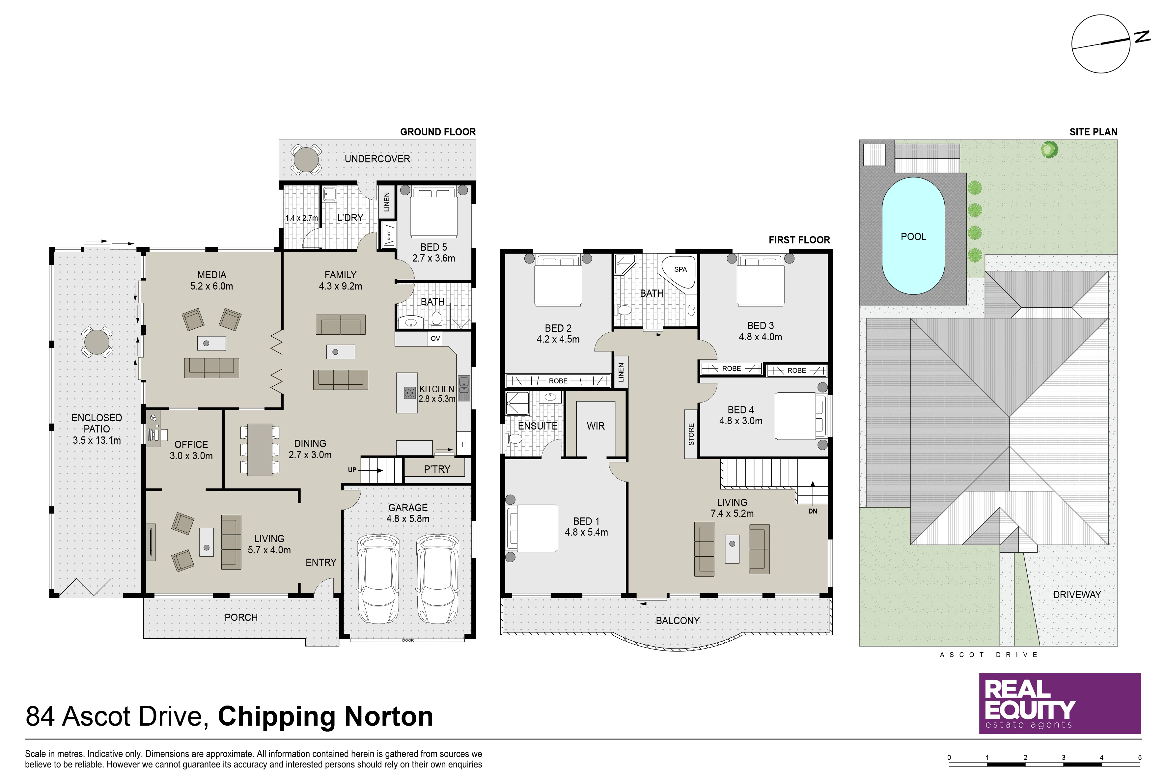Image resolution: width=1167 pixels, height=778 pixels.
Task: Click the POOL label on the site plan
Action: pos(913,237)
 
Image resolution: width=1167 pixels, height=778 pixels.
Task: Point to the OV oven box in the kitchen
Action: pos(435,338)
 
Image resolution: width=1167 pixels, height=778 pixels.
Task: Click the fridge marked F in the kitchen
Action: pos(463,444)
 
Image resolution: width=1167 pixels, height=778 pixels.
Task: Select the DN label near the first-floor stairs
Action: pos(812,511)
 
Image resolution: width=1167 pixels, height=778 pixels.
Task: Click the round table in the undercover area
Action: pos(306,159)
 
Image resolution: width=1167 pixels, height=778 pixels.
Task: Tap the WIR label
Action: pos(596,426)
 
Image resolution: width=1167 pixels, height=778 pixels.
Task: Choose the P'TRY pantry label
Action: pos(437,469)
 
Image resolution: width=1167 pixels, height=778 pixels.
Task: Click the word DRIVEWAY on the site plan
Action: pos(1077,595)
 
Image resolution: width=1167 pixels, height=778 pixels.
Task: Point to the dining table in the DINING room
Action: pos(260,450)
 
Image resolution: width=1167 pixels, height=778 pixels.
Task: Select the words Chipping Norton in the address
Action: pos(325,716)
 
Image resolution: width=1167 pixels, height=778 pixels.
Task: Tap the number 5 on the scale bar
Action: pos(1140,758)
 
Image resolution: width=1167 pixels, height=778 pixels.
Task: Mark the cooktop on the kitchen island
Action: pos(409,394)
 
